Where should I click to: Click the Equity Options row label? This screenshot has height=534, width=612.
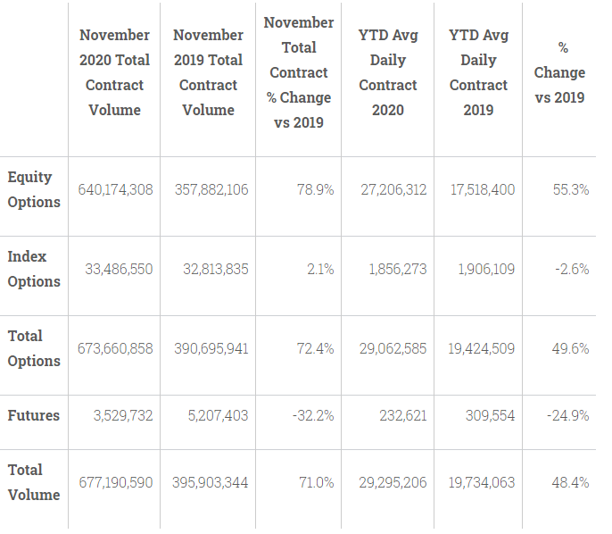(34, 190)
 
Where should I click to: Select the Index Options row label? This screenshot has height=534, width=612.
(34, 269)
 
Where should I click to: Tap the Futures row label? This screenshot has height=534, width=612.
(34, 415)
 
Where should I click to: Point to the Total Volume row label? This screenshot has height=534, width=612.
(34, 482)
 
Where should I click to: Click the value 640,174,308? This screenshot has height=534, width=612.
(115, 190)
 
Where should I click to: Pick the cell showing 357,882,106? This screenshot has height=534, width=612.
(211, 190)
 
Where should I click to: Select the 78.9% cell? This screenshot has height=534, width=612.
(316, 190)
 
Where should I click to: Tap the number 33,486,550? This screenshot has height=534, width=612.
(119, 269)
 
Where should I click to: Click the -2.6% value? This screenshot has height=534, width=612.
(572, 269)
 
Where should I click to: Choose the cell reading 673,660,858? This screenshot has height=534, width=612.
(115, 348)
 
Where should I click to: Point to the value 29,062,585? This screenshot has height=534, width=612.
(393, 348)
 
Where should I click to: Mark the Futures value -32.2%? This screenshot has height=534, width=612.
(313, 415)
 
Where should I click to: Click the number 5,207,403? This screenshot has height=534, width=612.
(218, 415)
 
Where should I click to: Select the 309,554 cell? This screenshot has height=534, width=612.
(490, 415)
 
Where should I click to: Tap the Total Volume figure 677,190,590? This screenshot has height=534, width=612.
(116, 483)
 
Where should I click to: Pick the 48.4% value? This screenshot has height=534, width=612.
(570, 483)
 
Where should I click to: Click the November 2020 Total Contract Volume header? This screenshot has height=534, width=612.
(114, 72)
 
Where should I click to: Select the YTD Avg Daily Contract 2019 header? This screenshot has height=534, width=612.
(478, 72)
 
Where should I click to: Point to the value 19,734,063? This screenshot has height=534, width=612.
(481, 483)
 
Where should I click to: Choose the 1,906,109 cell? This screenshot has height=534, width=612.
(486, 269)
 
